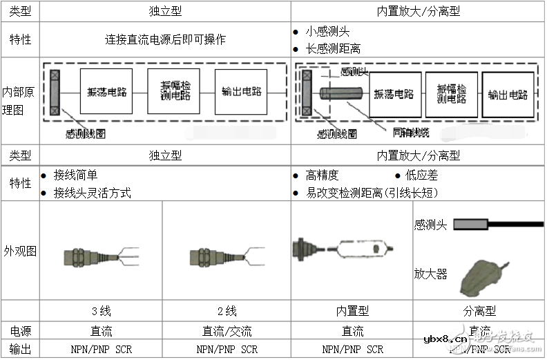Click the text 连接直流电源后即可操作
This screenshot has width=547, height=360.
pyautogui.click(x=164, y=39)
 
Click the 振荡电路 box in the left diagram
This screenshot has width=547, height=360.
pyautogui.click(x=107, y=92)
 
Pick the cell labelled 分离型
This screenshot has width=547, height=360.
pyautogui.click(x=479, y=312)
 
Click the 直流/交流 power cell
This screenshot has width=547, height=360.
pyautogui.click(x=227, y=331)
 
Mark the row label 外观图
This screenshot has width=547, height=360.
pyautogui.click(x=19, y=251)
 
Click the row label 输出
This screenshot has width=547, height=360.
pyautogui.click(x=19, y=350)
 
